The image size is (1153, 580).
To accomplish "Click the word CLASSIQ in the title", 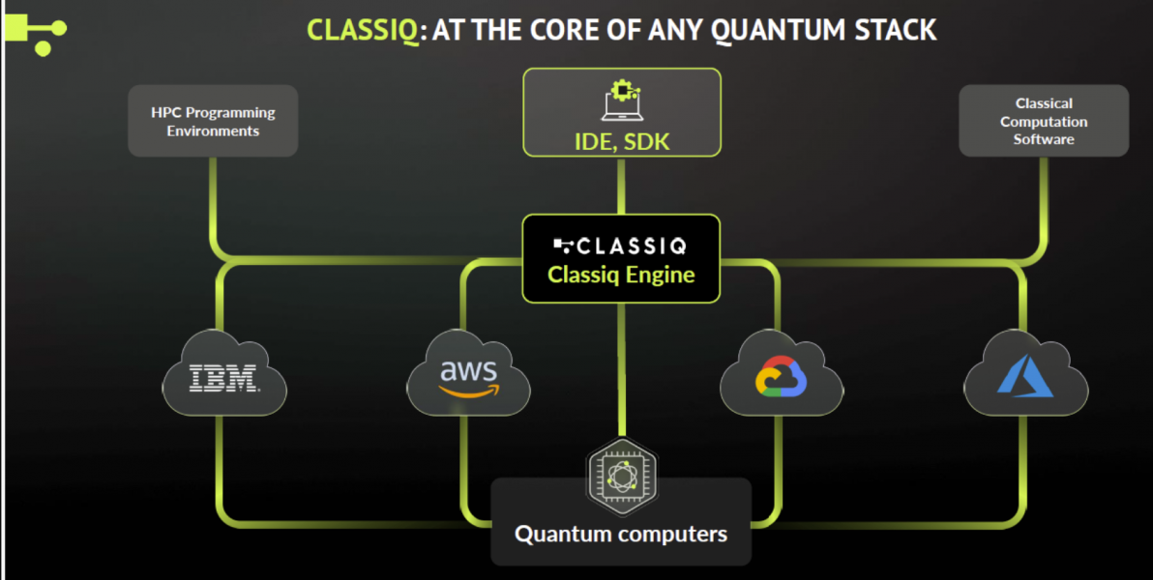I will click(363, 30).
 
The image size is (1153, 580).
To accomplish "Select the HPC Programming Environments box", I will click(213, 122).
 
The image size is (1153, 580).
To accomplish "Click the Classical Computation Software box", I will click(1044, 121).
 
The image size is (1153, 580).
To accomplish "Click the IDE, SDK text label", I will click(622, 143).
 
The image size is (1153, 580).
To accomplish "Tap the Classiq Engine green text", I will click(621, 275).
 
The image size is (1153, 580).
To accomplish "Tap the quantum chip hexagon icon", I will click(622, 474).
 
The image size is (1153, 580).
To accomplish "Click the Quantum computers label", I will click(621, 534).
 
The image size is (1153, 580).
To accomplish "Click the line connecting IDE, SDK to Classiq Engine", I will click(621, 186).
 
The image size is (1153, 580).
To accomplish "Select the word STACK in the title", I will click(894, 30).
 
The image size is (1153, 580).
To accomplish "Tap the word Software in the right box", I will click(1044, 139).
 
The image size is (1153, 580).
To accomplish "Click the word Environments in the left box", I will click(213, 131).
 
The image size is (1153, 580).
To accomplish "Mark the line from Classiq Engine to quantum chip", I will click(621, 367).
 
